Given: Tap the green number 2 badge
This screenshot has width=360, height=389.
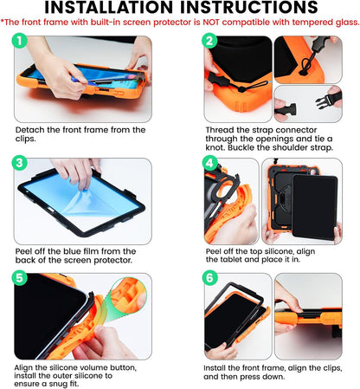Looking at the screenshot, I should pos(209,41).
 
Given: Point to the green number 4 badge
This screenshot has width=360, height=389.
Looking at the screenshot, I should pos(209,163).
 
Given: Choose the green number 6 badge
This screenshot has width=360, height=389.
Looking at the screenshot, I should pos(209,280).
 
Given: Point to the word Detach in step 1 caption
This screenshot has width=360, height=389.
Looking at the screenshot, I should pos(31,129).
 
